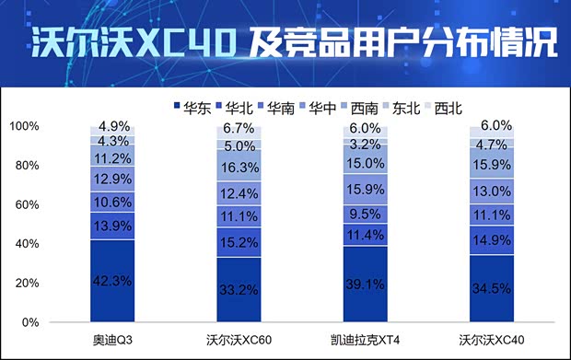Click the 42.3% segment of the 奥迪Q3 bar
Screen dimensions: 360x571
click(x=112, y=281)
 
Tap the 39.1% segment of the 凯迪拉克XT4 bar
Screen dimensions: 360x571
click(x=366, y=284)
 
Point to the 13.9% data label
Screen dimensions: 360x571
click(x=112, y=225)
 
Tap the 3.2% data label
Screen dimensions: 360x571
click(x=366, y=144)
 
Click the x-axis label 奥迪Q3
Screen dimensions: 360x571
click(x=112, y=340)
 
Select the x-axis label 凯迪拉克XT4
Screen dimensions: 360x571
click(x=366, y=340)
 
